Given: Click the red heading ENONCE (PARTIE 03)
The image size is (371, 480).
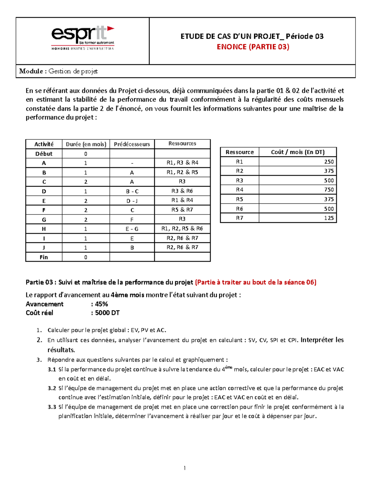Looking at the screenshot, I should (253, 47).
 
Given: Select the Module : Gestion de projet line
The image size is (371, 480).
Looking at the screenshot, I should (58, 71).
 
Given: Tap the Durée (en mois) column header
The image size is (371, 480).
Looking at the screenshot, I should (86, 144).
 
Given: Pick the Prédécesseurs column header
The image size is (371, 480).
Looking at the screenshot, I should (132, 144).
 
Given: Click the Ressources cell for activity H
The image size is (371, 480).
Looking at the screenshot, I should (182, 228).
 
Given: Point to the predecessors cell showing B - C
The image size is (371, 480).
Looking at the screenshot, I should (132, 191).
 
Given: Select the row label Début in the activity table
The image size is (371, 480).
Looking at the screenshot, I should (44, 154).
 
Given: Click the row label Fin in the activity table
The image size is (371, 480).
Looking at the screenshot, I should (44, 257).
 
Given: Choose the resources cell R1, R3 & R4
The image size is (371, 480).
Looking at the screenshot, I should (182, 163).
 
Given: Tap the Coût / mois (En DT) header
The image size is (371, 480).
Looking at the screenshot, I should (297, 152).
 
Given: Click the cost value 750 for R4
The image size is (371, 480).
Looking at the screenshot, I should (329, 190).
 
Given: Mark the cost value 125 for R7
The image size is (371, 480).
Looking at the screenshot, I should (329, 218).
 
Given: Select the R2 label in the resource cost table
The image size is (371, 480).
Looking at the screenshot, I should (240, 171).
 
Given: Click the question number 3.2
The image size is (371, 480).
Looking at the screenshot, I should (52, 388).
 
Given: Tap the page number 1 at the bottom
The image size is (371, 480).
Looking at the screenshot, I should (185, 468).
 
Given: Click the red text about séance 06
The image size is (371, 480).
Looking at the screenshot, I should (256, 282).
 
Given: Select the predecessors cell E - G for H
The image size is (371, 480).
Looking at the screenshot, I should (132, 229).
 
